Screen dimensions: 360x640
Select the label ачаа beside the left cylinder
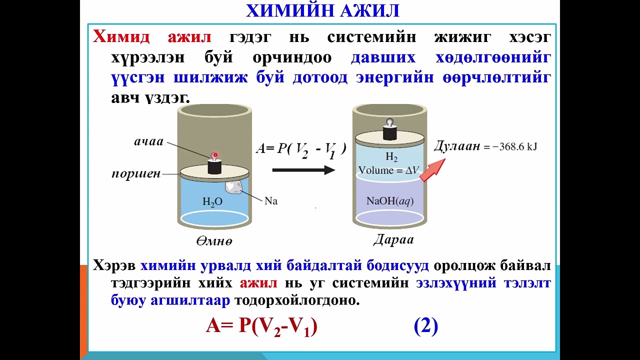click(148, 141)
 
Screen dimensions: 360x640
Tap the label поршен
click(136, 174)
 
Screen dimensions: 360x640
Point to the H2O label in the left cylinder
click(212, 202)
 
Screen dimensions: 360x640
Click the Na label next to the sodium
click(270, 201)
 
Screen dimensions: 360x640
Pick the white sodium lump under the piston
click(234, 187)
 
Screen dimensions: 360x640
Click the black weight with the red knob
click(215, 165)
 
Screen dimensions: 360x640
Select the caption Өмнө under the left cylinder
click(214, 241)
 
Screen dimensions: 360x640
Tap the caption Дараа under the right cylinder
click(393, 240)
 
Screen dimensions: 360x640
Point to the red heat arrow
click(432, 169)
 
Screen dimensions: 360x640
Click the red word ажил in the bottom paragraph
click(258, 283)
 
